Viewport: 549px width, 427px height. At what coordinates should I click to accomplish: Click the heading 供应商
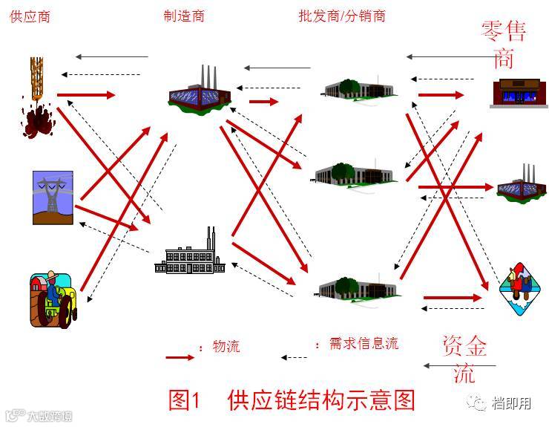coord(30,16)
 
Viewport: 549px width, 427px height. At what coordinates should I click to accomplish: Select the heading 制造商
coord(184,16)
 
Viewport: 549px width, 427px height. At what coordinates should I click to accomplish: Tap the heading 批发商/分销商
coord(342,16)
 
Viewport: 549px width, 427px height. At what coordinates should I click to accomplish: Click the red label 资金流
coord(464,359)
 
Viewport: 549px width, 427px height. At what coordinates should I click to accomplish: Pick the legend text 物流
coord(226,346)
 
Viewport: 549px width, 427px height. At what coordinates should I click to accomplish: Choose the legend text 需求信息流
coord(364,343)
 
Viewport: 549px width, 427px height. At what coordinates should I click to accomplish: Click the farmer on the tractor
coord(53,296)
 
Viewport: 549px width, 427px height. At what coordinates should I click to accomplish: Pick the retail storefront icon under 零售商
coord(515,92)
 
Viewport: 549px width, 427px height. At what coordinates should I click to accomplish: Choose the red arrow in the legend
coord(180,357)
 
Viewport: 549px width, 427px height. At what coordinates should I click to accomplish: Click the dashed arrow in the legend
coord(294,357)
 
